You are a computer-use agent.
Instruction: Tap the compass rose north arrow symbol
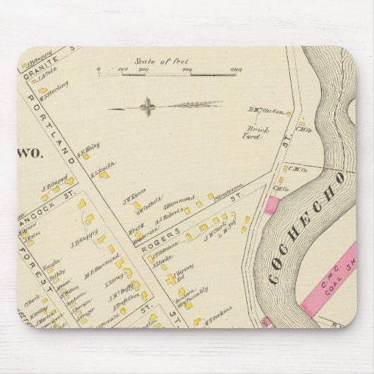pos(147,108)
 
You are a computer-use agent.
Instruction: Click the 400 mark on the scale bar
pos(186,70)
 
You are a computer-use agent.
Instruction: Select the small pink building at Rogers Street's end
pos(270,206)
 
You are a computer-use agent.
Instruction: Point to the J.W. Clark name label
pos(215,237)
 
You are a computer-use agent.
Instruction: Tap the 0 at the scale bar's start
pos(98,70)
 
